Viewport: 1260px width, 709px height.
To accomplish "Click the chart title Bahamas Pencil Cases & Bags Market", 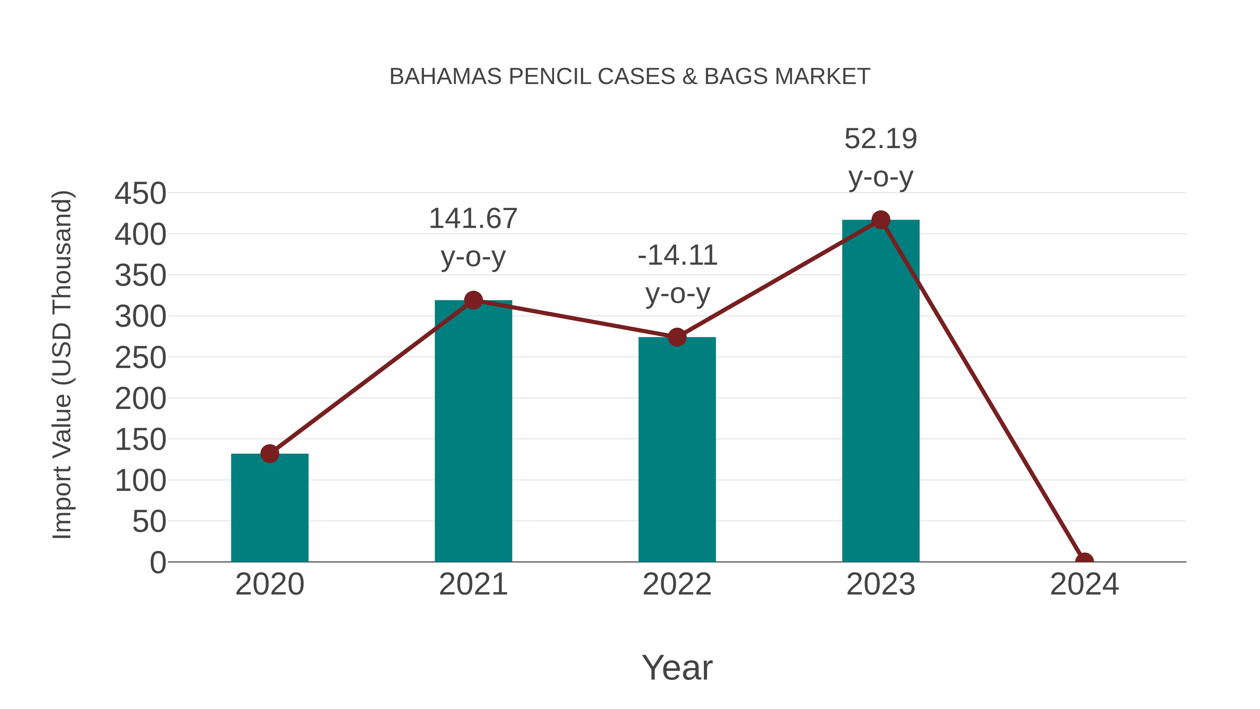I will point(630,77).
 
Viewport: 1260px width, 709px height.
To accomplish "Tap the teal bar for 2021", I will point(473,431).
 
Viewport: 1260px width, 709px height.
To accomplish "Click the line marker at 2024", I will point(1084,561).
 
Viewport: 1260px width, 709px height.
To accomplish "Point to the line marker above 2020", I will point(269,453).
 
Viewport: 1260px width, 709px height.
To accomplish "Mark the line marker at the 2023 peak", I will point(881,220).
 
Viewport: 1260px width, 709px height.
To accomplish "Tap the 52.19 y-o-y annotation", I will point(881,158).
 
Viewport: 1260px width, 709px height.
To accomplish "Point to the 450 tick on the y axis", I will point(140,193).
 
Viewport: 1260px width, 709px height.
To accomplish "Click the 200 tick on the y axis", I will point(140,399).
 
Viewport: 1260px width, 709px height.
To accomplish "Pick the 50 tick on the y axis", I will point(149,522).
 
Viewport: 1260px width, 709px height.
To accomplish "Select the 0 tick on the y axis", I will point(158,562).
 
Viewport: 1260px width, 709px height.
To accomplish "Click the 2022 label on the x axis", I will point(677,584).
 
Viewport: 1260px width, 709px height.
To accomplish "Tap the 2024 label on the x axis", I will point(1084,584).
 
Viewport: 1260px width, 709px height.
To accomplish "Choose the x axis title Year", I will point(677,667).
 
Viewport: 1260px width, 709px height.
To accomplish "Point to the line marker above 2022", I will point(677,337).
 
